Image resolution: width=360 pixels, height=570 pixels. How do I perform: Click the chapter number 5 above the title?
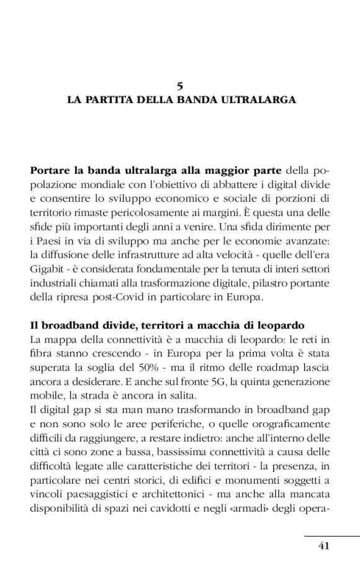tap(180, 86)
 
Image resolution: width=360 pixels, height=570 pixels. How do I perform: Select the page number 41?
tap(323, 546)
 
